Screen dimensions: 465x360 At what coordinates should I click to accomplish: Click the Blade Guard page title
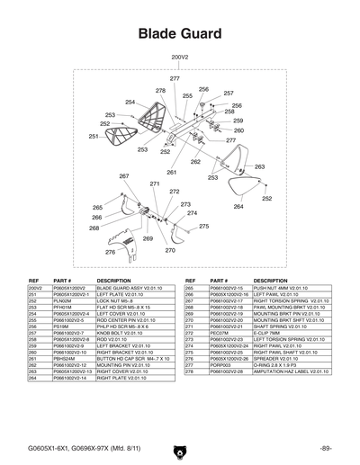(x=179, y=33)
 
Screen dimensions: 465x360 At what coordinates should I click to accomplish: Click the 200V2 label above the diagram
(x=179, y=56)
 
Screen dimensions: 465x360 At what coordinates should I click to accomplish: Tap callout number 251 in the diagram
(x=94, y=136)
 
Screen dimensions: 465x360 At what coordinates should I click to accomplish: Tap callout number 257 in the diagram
(x=228, y=93)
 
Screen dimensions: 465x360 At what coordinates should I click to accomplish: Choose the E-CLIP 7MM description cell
(x=269, y=332)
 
